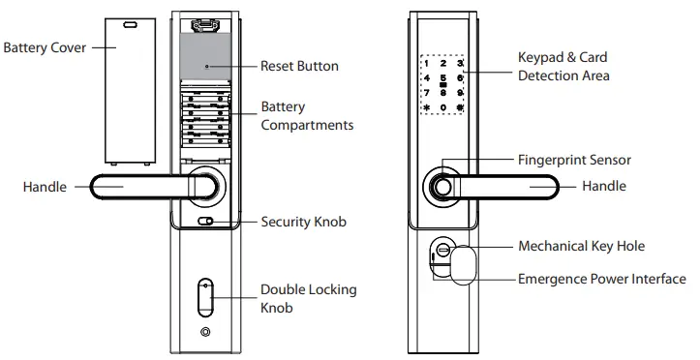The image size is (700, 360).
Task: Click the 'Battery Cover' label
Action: (45, 47)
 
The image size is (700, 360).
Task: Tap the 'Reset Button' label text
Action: (299, 67)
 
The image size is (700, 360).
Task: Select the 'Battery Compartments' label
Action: (306, 116)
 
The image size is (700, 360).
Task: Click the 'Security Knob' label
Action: (303, 222)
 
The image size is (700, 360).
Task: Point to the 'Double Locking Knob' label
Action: (308, 298)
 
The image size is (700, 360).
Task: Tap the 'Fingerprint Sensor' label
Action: (574, 160)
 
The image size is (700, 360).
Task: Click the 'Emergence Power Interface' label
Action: (602, 280)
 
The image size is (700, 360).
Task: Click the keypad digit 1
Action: (426, 63)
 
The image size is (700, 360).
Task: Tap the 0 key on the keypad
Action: (443, 107)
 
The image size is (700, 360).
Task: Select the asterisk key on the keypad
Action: (426, 107)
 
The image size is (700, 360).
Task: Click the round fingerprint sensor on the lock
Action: (441, 185)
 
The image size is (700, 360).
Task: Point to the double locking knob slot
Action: (204, 298)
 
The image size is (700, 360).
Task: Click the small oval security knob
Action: (205, 222)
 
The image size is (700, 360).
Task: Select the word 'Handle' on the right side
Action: (605, 186)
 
